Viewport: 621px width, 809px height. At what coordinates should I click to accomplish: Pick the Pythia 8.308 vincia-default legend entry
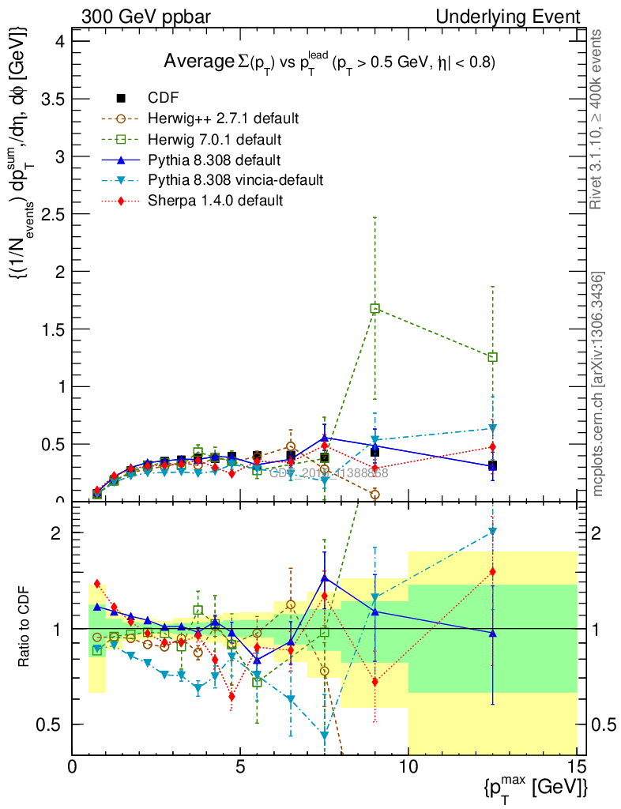(235, 180)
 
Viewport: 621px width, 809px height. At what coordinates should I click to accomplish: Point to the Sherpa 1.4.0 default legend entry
(215, 201)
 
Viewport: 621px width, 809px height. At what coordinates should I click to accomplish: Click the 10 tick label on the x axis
(408, 766)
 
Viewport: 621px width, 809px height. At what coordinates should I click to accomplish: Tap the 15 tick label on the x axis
(577, 766)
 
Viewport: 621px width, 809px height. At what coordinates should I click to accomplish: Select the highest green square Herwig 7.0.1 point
(375, 308)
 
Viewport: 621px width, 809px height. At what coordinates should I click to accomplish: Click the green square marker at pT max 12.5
(493, 357)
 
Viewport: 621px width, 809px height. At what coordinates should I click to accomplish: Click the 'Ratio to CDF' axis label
(24, 628)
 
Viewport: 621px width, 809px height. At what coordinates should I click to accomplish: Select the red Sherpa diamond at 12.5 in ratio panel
(493, 571)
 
